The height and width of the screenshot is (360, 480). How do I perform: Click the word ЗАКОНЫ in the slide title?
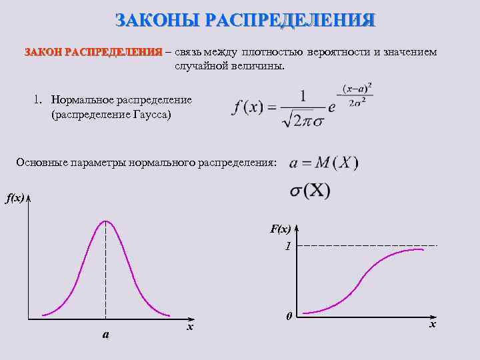coord(157,19)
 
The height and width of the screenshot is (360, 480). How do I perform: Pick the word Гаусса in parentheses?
coord(147,115)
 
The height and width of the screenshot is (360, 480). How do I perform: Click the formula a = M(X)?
coord(323,163)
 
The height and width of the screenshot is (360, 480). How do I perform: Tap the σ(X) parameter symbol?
coord(309,191)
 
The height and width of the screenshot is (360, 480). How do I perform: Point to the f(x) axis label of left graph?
coord(15,198)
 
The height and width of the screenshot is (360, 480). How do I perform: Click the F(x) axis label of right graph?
coord(280,229)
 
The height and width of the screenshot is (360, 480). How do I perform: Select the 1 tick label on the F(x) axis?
coord(287,246)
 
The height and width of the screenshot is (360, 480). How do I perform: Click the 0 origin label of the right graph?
coord(287,315)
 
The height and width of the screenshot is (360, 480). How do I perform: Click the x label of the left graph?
coord(190,327)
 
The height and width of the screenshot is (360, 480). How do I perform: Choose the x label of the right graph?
coord(433,324)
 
